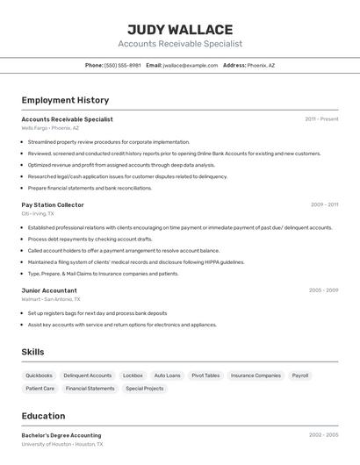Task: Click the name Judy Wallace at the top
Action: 180,30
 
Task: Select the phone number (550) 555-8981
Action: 123,65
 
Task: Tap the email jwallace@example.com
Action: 191,65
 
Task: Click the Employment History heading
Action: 65,100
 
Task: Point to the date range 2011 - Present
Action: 321,118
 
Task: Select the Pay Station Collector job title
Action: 53,204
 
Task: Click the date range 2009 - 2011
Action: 324,204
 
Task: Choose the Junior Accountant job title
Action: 49,290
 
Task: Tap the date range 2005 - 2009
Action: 323,290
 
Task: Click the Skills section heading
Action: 33,352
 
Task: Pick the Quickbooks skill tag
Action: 39,376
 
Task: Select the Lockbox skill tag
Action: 133,376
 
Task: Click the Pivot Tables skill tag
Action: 205,376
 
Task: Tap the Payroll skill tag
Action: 300,376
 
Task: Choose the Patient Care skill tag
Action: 40,388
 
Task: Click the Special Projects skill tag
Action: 144,388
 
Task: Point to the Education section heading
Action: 43,416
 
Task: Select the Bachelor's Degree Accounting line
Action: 61,435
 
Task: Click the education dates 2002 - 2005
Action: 323,435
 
